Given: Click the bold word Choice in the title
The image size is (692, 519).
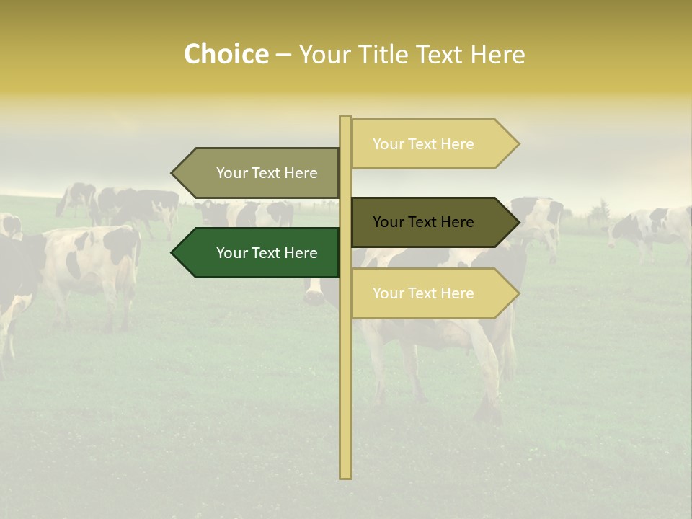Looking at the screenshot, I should pyautogui.click(x=226, y=55).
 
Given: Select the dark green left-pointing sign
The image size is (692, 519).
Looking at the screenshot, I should pyautogui.click(x=259, y=253).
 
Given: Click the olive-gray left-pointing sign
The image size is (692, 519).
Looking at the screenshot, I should pyautogui.click(x=259, y=173).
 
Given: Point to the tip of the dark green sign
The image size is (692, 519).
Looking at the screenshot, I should pyautogui.click(x=173, y=253).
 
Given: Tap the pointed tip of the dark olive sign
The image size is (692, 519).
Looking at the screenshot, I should pyautogui.click(x=518, y=222).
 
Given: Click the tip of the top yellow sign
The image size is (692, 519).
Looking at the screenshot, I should pyautogui.click(x=518, y=144).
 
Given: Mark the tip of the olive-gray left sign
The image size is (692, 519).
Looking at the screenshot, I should pyautogui.click(x=173, y=173).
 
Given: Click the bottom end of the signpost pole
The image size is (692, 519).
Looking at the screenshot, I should pyautogui.click(x=345, y=476).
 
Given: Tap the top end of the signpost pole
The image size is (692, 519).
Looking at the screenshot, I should pyautogui.click(x=345, y=117).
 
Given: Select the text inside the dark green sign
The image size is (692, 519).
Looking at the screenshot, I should pyautogui.click(x=267, y=253).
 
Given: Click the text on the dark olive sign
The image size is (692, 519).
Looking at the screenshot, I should pyautogui.click(x=423, y=222).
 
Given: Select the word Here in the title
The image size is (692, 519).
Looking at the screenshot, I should pyautogui.click(x=497, y=55).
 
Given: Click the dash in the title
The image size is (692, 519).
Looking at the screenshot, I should pyautogui.click(x=283, y=55).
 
